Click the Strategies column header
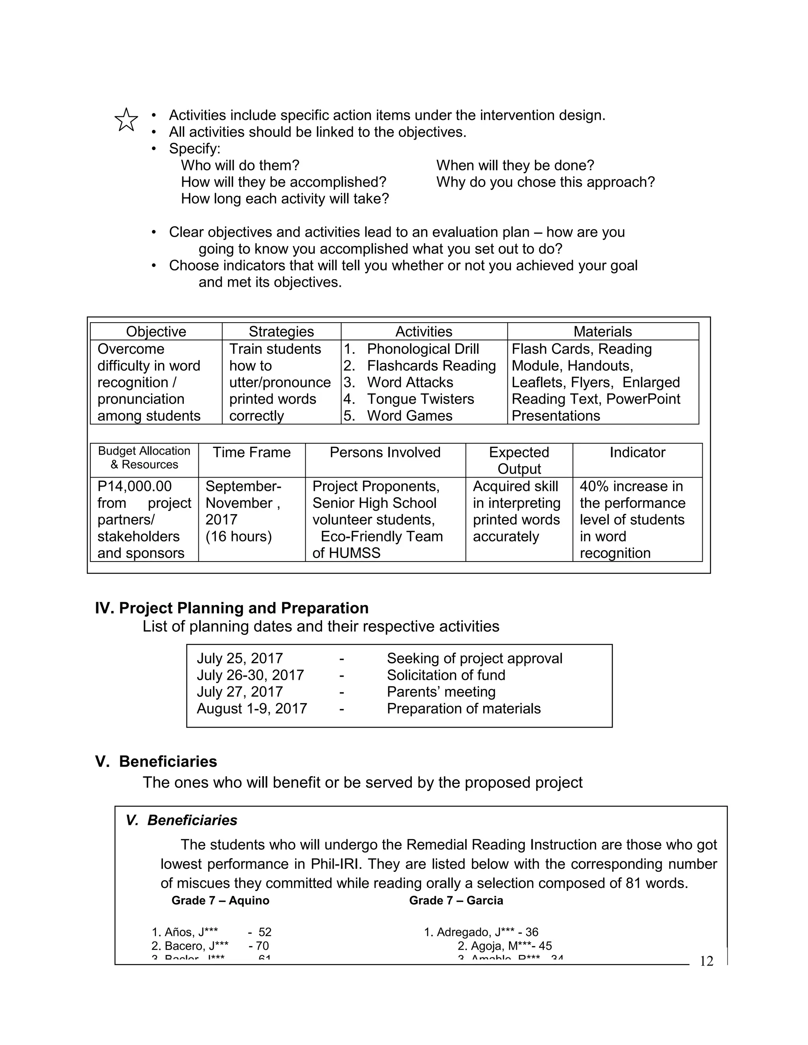point(281,332)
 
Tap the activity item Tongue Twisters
point(420,399)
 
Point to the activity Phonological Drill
point(423,349)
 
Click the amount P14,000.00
point(135,486)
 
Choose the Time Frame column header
point(251,452)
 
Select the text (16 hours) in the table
point(238,536)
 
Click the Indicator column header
point(637,452)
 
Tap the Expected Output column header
point(519,460)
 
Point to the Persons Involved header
point(385,452)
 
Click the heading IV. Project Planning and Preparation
point(232,608)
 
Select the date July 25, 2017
point(239,659)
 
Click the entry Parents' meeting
point(441,692)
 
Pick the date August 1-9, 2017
point(251,709)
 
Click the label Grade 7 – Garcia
point(456,901)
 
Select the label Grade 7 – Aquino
point(220,901)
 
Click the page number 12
point(706,961)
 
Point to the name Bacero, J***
point(196,946)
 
